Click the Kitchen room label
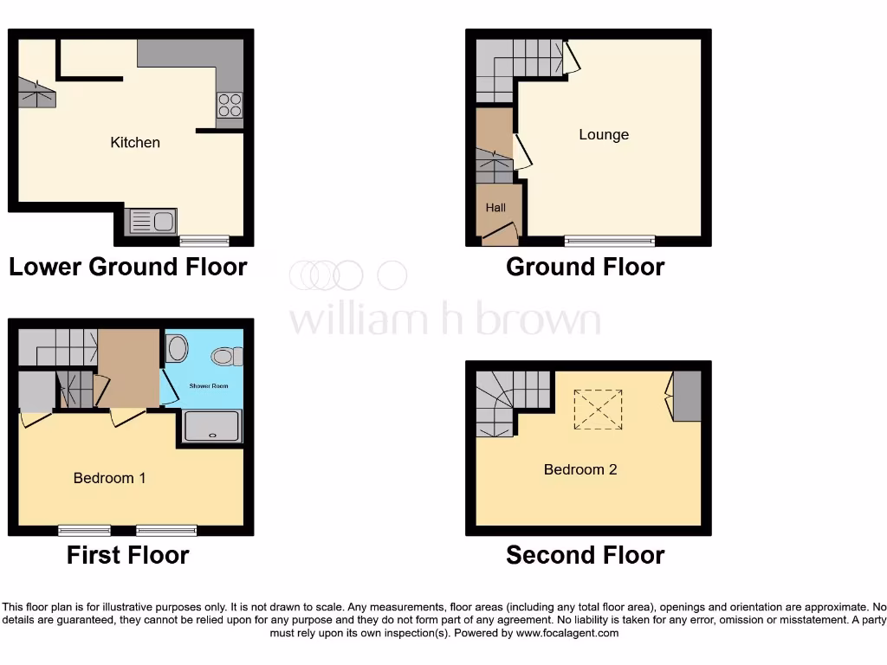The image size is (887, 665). pos(135,142)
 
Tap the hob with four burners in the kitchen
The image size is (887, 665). pos(230,105)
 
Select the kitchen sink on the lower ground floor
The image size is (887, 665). pos(152,222)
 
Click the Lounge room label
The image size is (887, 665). pos(604,134)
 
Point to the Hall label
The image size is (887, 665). pos(495,208)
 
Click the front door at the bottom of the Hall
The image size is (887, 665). pos(500,233)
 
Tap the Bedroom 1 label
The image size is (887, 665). pos(109,477)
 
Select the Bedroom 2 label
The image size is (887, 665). pos(580,469)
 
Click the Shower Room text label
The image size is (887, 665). pos(209,385)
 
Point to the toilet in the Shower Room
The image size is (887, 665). pos(227,355)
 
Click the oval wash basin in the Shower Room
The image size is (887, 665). pos(178,349)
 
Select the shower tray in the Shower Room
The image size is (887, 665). pos(212,426)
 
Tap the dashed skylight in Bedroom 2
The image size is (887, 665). pos(599,409)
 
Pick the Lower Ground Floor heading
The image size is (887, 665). pos(128,267)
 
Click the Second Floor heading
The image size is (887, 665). pos(586,555)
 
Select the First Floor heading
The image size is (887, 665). pos(128,555)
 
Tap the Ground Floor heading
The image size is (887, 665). pos(586,267)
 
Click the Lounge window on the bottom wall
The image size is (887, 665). pos(610,240)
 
